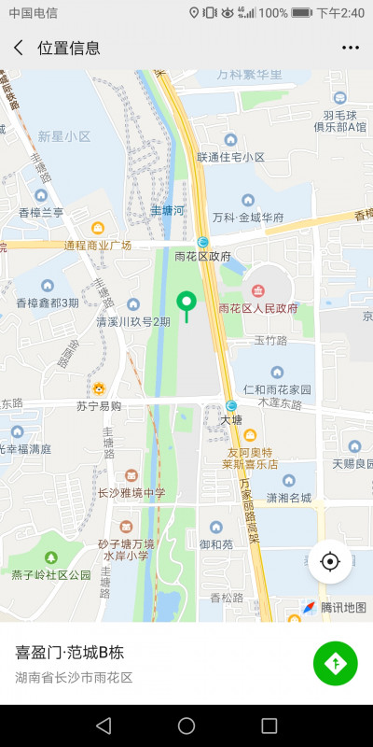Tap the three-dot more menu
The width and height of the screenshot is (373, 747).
pos(350,48)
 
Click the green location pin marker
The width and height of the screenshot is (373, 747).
pos(186,303)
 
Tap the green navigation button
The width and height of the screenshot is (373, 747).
pos(336,664)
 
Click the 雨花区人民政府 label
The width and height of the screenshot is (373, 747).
pos(257,308)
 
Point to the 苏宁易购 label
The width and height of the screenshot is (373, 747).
pos(99,406)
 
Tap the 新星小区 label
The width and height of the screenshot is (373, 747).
pos(64,136)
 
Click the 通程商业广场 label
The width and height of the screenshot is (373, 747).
pos(97,246)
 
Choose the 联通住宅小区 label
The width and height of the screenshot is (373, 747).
pos(230,157)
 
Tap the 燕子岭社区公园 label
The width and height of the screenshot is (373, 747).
pos(51,574)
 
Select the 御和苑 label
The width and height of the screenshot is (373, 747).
pos(216,543)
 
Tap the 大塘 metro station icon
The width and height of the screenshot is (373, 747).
pos(230,405)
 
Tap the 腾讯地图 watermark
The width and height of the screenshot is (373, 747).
pos(342,607)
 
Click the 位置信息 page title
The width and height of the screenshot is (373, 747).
pos(69,48)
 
